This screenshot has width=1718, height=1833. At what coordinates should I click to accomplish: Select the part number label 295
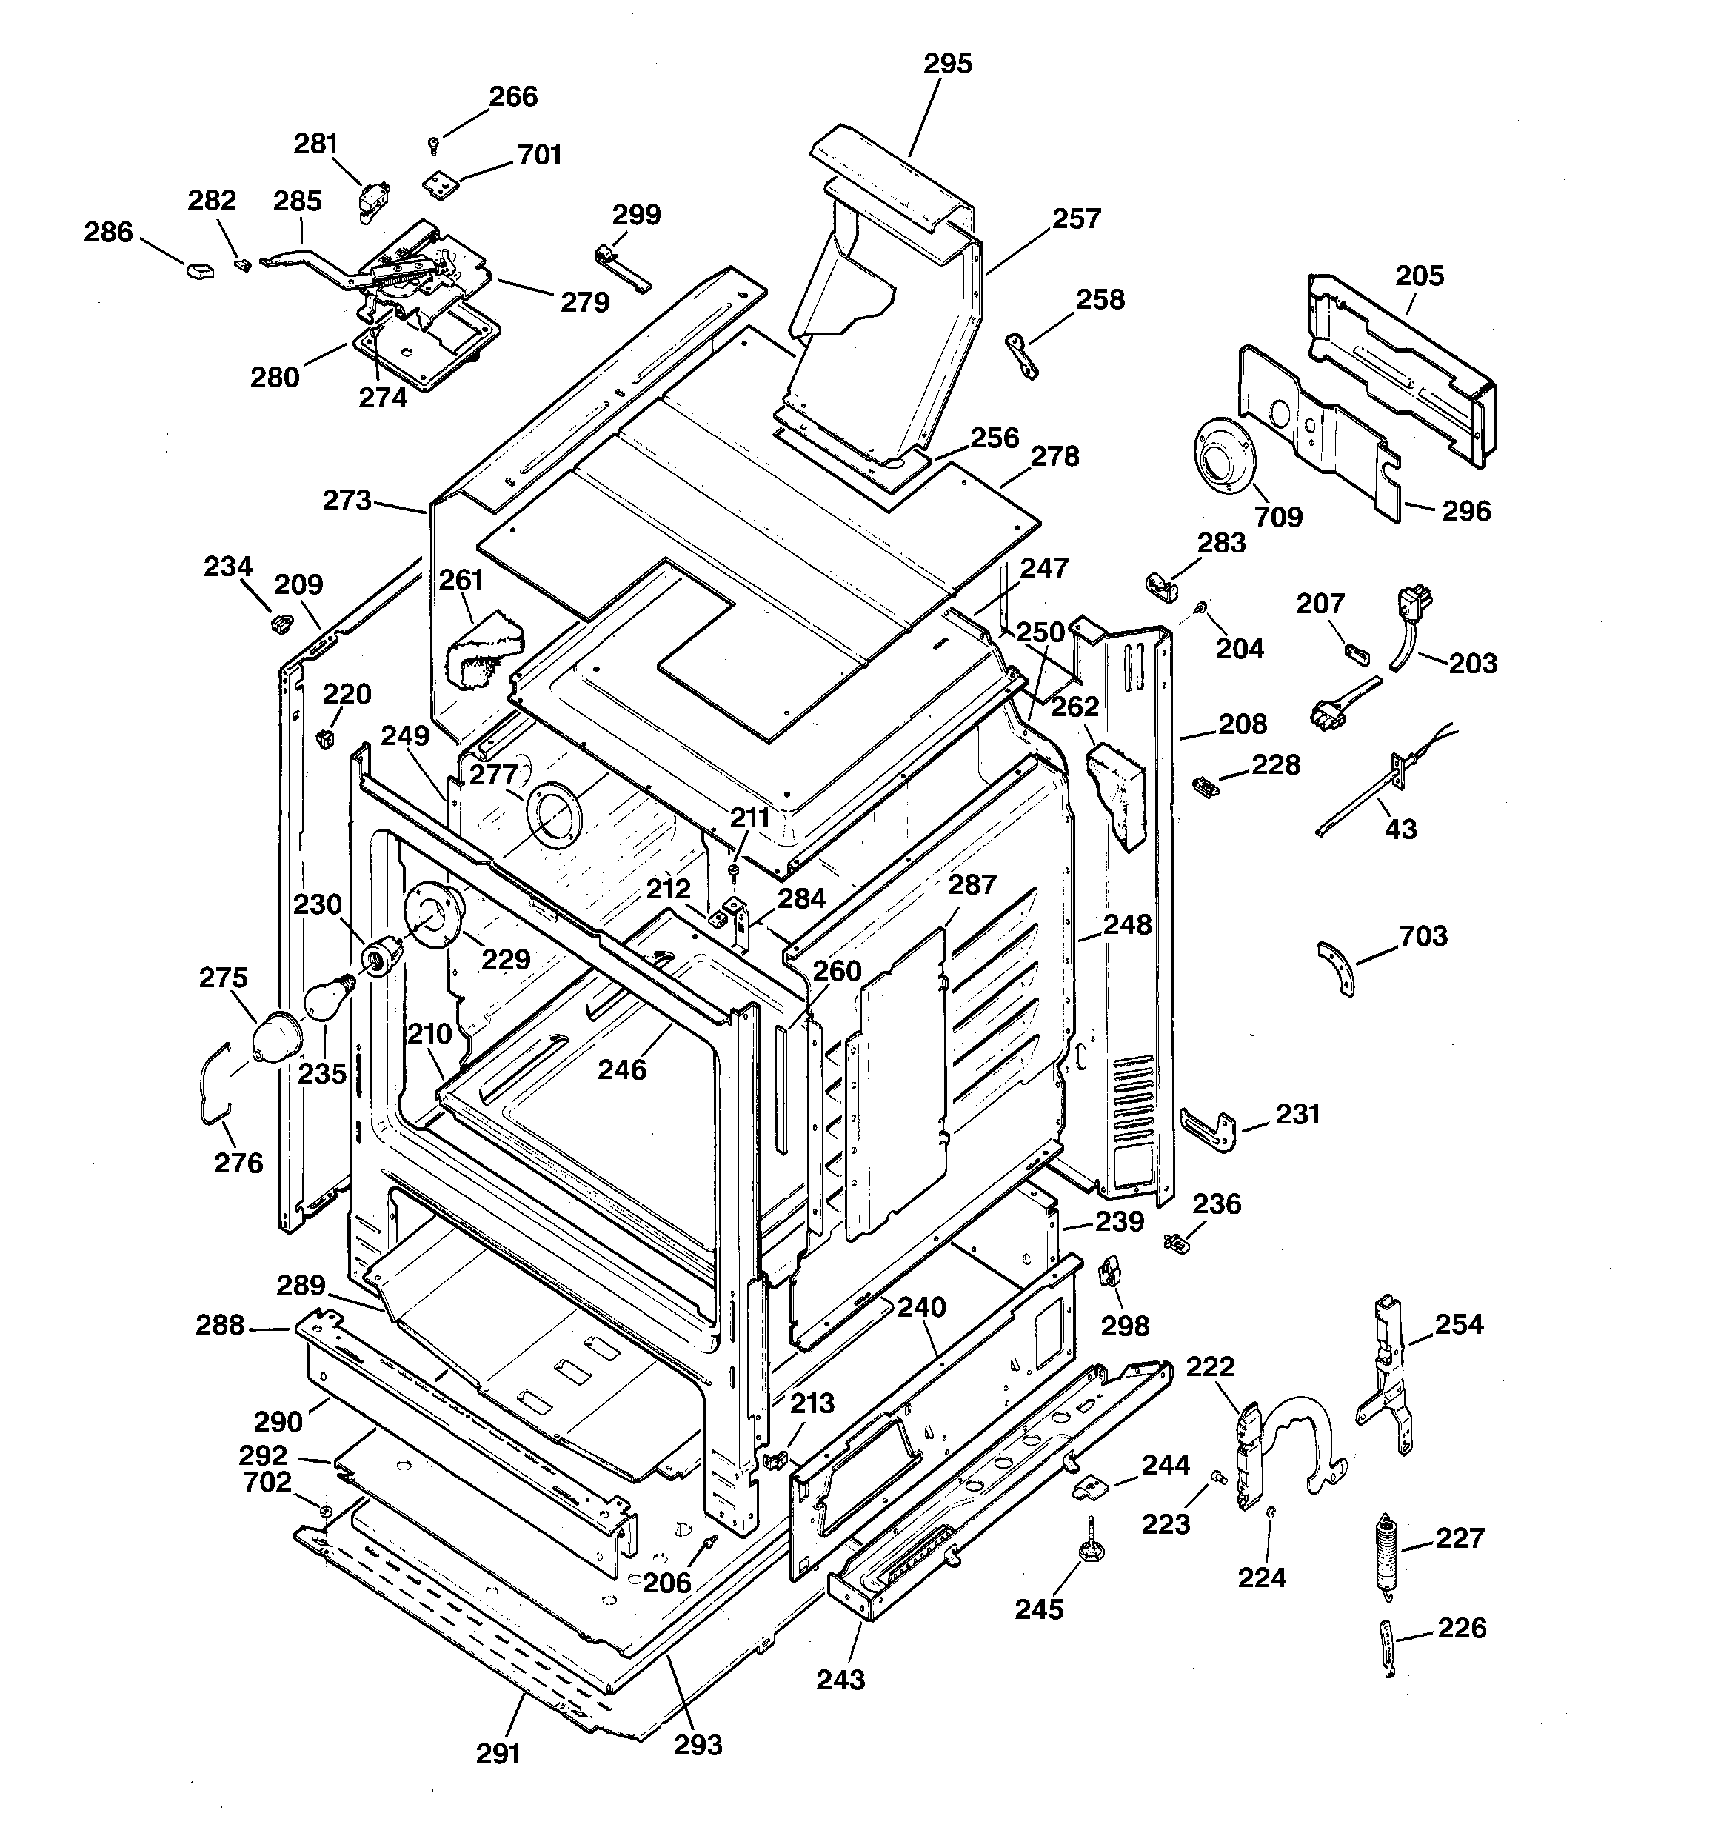[x=948, y=64]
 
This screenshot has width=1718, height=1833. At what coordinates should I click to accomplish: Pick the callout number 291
[x=499, y=1754]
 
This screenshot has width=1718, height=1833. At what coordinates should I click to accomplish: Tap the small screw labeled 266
[x=433, y=144]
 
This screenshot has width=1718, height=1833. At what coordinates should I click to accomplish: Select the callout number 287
[x=972, y=885]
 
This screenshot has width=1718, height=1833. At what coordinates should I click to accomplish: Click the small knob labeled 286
[x=199, y=270]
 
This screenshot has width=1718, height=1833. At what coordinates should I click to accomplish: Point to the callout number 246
[x=621, y=1069]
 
